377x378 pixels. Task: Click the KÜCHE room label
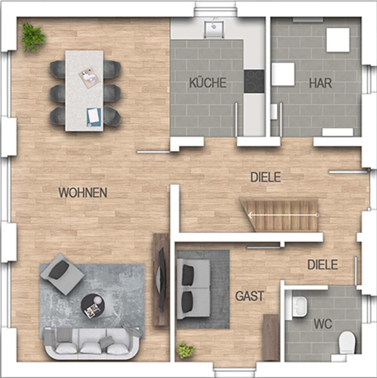pos(208,83)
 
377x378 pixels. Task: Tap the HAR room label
pos(321,83)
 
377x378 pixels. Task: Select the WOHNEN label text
pos(83,192)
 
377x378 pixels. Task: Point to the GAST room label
pos(250,296)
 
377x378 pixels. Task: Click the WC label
pos(323,324)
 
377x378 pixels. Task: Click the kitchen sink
pos(214,29)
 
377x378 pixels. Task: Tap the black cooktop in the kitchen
pos(254,81)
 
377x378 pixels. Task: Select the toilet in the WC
pos(347,343)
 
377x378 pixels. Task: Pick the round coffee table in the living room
pos(93,306)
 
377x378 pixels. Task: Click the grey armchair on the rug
pos(62,274)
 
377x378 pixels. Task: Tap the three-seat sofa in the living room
pos(91,344)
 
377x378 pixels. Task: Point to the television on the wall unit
pos(162,280)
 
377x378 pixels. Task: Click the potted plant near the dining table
pos(33,37)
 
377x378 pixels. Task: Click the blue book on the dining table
pos(94,117)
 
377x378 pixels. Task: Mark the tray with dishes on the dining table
pos(90,77)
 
